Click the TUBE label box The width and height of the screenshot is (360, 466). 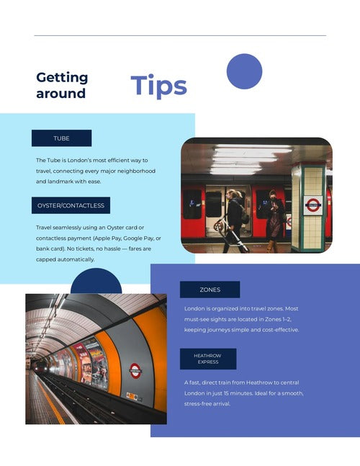click(x=61, y=138)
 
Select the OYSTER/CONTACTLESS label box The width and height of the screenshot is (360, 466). click(x=71, y=205)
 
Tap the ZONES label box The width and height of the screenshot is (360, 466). click(x=210, y=290)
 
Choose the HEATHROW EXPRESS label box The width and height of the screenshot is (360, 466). click(x=208, y=359)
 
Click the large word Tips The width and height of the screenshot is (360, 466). click(x=158, y=86)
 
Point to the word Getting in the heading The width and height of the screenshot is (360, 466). click(x=62, y=78)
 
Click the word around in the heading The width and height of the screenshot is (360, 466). click(x=61, y=94)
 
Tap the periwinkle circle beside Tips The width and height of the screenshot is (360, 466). click(x=245, y=71)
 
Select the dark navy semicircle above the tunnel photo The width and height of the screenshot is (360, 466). click(x=96, y=282)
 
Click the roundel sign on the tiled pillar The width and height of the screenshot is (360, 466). click(x=313, y=205)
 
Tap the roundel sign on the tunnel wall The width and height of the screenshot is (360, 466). click(x=135, y=371)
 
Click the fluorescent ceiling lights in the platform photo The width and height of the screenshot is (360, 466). click(x=250, y=159)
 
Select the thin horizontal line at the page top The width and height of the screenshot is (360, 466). click(x=180, y=36)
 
